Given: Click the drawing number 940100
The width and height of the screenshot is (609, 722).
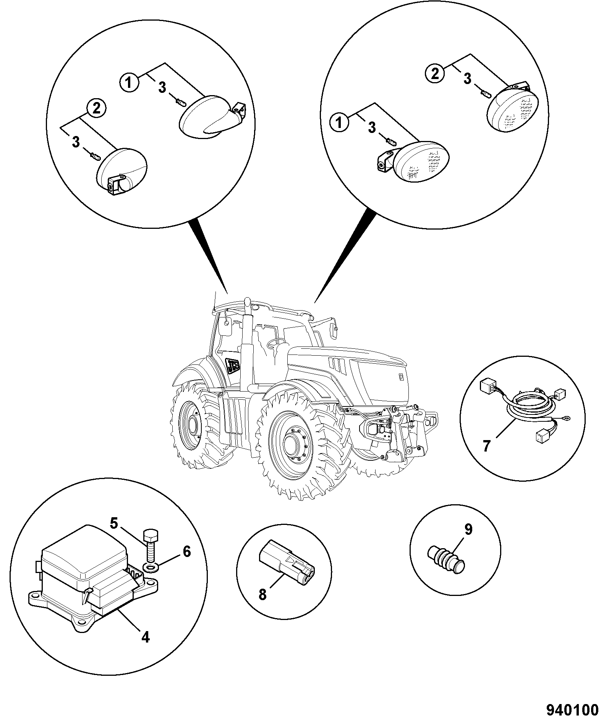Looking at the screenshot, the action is click(x=572, y=710).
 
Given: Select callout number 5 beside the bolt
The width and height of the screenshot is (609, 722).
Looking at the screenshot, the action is click(x=114, y=523).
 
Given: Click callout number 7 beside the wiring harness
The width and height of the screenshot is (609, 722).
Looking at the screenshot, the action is click(x=486, y=446).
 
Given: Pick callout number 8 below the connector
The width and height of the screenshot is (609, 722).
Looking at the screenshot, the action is click(x=262, y=605).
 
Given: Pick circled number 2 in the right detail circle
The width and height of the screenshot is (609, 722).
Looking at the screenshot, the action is click(x=435, y=73).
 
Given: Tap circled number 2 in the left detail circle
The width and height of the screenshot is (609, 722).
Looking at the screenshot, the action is click(x=97, y=109).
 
